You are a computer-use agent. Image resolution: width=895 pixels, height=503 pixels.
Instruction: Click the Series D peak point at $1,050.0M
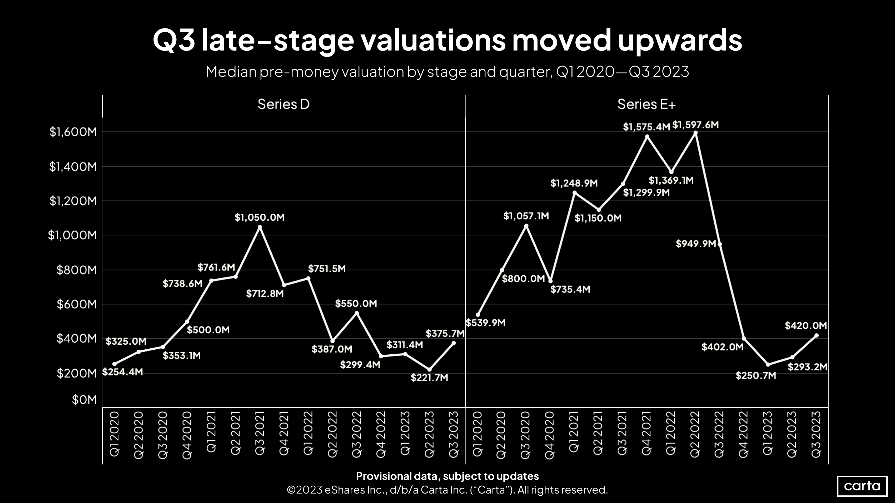(260, 227)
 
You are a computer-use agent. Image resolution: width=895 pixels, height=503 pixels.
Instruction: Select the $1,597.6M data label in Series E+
(695, 125)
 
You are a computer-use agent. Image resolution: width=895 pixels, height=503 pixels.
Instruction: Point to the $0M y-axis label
(84, 400)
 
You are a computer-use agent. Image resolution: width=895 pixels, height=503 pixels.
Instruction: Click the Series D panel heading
(284, 104)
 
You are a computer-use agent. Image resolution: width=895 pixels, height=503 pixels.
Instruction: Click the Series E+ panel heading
(646, 104)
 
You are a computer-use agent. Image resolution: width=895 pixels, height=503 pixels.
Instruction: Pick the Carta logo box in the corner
(862, 486)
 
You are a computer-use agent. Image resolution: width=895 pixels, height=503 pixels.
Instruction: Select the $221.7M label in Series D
(429, 378)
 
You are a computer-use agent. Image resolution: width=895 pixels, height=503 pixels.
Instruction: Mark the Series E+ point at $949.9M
(719, 244)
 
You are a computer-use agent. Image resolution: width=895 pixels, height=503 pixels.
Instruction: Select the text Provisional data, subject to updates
(447, 476)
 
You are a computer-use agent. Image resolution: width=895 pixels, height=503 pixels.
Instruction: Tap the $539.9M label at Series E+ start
(485, 323)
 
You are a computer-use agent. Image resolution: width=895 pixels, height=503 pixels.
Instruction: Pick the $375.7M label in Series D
(445, 334)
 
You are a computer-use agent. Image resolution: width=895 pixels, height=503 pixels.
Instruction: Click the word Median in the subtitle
(231, 72)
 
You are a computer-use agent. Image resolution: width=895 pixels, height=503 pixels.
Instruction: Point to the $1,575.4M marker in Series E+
(647, 137)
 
